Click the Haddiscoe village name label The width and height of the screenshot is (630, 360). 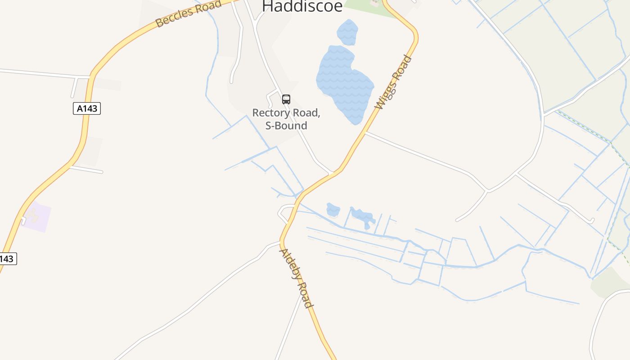click(x=302, y=6)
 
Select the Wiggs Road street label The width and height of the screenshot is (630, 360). click(x=393, y=82)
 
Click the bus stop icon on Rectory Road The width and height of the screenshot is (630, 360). click(x=286, y=99)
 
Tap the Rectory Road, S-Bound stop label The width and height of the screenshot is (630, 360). click(x=286, y=119)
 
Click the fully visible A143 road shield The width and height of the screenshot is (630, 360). click(x=87, y=108)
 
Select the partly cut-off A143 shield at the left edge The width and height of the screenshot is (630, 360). click(x=8, y=259)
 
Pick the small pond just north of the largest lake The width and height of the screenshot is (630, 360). click(x=347, y=32)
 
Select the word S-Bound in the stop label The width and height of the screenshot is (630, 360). click(x=286, y=126)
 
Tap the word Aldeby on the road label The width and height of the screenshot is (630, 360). click(x=290, y=265)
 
